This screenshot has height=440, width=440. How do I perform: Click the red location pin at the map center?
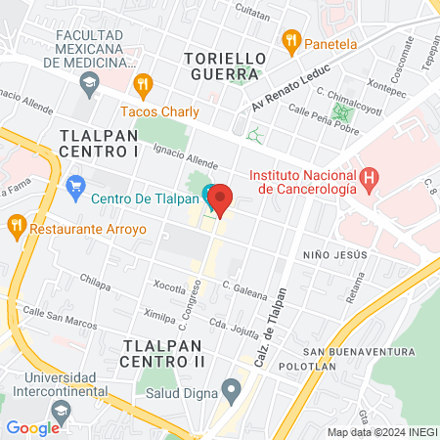[221, 199]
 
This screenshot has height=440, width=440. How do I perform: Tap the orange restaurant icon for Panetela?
[290, 41]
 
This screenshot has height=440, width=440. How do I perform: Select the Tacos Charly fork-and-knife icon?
[144, 84]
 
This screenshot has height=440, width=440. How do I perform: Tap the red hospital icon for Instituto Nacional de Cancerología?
[369, 178]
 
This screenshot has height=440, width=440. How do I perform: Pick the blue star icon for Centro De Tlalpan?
[75, 185]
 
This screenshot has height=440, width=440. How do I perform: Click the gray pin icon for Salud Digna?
[231, 393]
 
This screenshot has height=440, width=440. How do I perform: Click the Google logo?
[33, 427]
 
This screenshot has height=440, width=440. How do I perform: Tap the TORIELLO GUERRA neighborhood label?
[224, 66]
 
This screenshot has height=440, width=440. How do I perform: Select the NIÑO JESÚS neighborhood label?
[334, 250]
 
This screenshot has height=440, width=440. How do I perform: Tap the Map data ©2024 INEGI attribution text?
[381, 432]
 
